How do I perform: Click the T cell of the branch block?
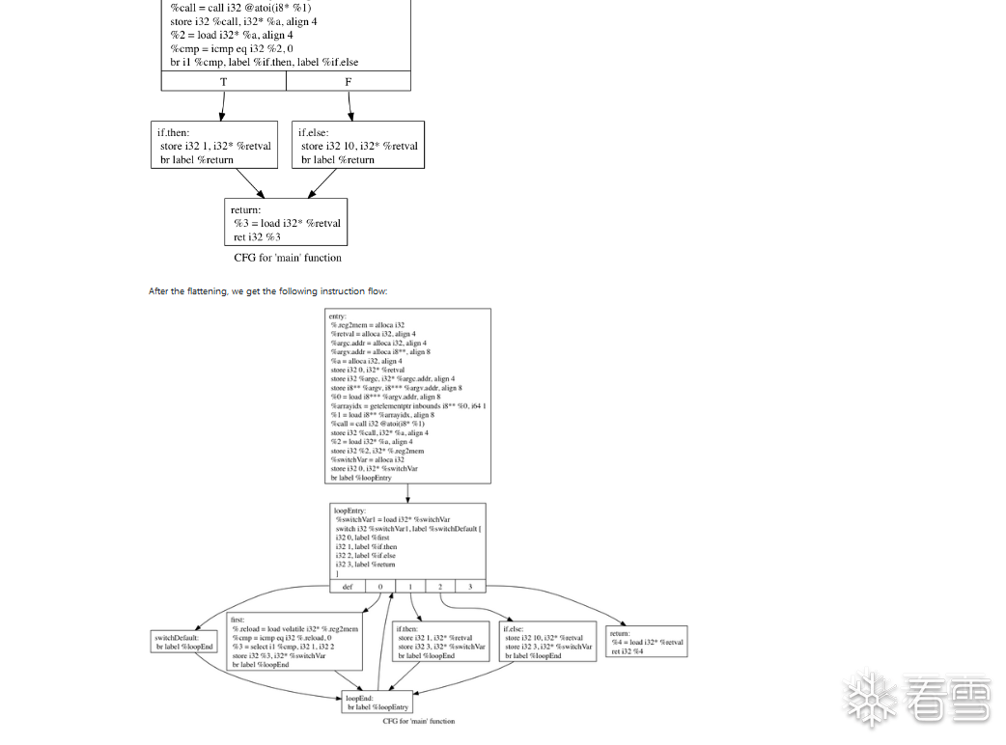[224, 82]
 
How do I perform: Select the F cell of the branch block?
[349, 82]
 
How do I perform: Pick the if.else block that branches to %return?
[358, 145]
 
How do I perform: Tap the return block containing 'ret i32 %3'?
[285, 222]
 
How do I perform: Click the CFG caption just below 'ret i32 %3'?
[287, 258]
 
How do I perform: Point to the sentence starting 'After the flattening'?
[267, 290]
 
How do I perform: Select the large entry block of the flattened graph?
[409, 396]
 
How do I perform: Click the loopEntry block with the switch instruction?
[407, 541]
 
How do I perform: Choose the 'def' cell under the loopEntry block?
[348, 586]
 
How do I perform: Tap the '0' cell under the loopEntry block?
[380, 586]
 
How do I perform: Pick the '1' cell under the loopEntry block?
[410, 586]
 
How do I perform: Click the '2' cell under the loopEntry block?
[440, 586]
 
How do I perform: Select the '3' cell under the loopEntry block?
[470, 586]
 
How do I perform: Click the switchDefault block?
[184, 642]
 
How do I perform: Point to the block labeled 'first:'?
[294, 642]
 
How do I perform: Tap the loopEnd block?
[377, 702]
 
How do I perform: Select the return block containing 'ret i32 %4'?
[647, 642]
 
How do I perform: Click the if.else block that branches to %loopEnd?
[548, 642]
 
